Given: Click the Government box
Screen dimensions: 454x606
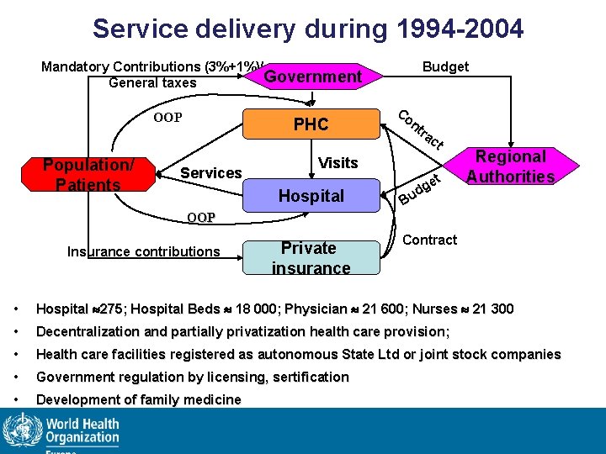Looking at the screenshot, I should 312,77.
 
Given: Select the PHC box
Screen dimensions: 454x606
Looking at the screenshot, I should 311,124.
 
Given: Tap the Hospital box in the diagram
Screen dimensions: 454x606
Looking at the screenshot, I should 311,196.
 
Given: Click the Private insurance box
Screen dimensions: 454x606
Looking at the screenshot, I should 311,257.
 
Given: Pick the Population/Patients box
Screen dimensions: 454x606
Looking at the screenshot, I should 88,174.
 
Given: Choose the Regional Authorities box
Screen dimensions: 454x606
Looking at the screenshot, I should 510,166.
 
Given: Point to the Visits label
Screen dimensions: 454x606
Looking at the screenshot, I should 338,162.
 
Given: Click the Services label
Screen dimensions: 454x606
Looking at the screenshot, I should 211,173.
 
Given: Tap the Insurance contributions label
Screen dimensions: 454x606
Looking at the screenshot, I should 143,251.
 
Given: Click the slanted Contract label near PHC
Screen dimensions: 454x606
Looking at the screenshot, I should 420,130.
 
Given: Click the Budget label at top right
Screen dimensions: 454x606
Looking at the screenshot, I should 445,66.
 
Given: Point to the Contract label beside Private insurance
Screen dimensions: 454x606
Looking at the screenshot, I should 430,240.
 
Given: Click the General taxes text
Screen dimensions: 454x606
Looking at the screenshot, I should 152,82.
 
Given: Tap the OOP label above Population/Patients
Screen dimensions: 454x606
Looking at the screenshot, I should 167,117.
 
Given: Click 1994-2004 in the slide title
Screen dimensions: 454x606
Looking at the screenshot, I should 455,29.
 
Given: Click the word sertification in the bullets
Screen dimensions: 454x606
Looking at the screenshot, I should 307,377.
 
